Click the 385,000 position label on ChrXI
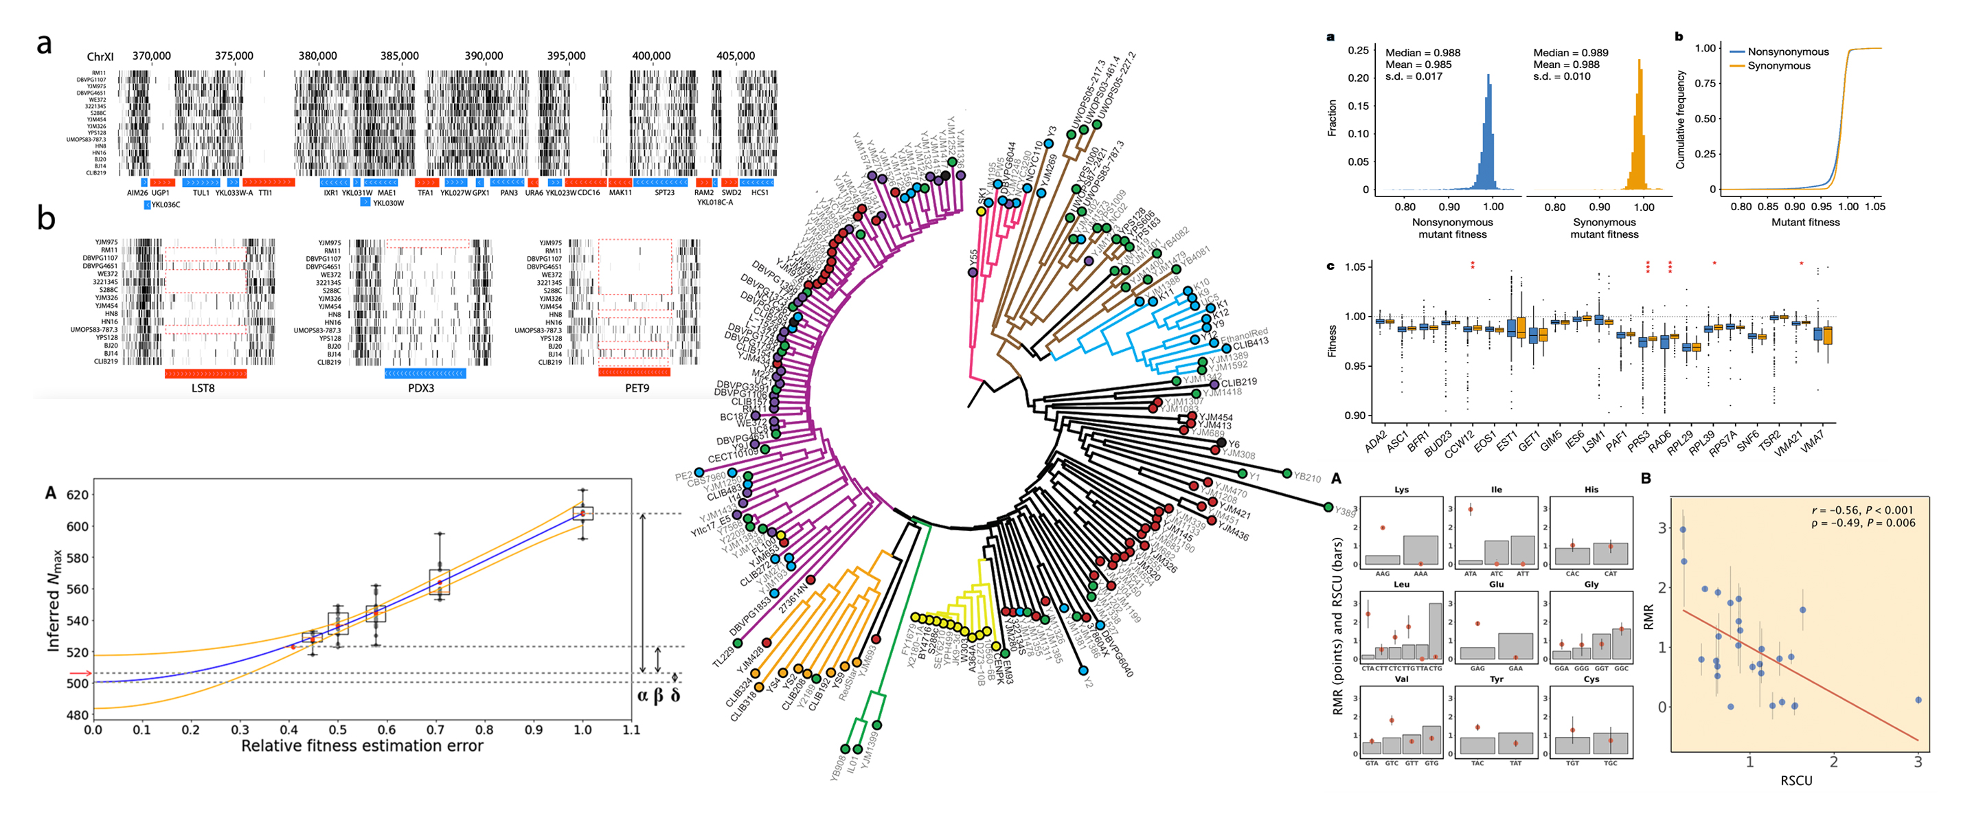click(x=399, y=56)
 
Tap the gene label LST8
click(x=203, y=389)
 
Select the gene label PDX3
click(x=421, y=389)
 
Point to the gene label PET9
click(x=637, y=389)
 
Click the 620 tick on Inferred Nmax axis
click(x=78, y=495)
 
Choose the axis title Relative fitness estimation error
click(x=362, y=746)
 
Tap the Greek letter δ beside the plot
click(x=675, y=696)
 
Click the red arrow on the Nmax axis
click(x=80, y=674)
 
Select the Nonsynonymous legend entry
click(x=1787, y=52)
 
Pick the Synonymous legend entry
click(x=1778, y=66)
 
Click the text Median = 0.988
click(x=1423, y=53)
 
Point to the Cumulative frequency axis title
click(x=1681, y=120)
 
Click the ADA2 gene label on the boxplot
click(x=1376, y=442)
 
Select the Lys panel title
click(x=1401, y=490)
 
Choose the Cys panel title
click(x=1591, y=679)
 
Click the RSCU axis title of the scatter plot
click(x=1796, y=780)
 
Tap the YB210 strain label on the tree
click(x=1306, y=477)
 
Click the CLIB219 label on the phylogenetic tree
click(x=1238, y=383)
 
